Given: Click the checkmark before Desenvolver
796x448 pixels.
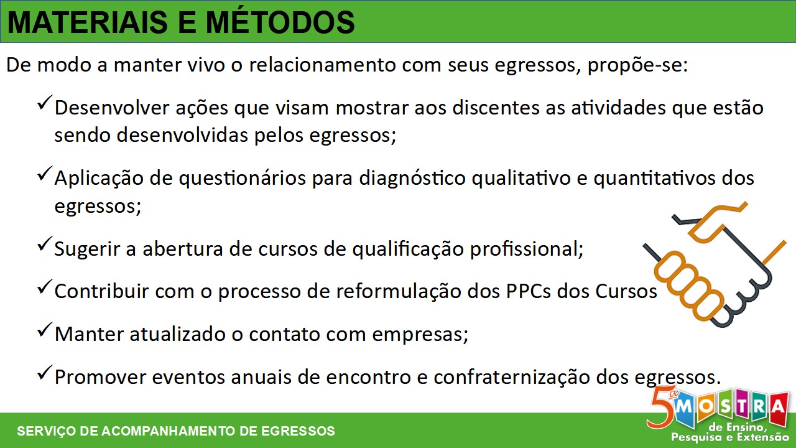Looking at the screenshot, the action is (x=45, y=102).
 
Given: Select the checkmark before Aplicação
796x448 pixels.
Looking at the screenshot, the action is (x=45, y=173).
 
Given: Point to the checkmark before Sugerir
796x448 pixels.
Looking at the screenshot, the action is (x=45, y=243).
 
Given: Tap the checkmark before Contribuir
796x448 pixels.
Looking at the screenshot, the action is (x=45, y=286).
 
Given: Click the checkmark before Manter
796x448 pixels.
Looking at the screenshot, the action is (x=45, y=329).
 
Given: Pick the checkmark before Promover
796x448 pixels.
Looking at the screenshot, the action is (x=45, y=372).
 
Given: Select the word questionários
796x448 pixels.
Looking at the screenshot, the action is (x=242, y=179).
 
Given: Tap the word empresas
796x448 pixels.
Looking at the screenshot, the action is (x=420, y=335).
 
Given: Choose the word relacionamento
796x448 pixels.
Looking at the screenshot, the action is (x=322, y=65).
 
